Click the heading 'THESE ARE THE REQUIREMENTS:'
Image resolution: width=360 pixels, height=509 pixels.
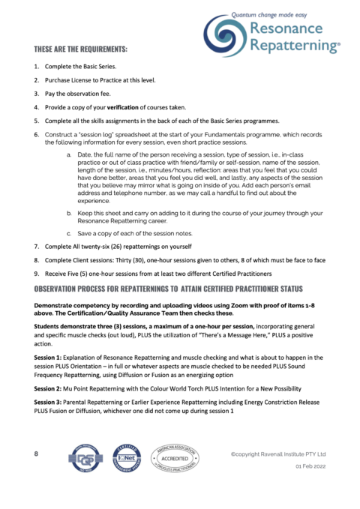[80, 49]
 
